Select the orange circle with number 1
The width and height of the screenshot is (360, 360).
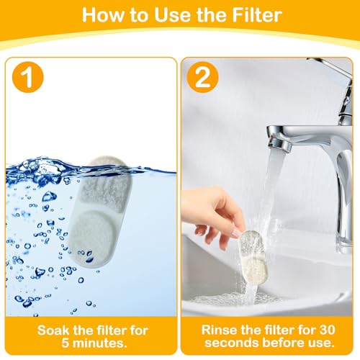pos(28,77)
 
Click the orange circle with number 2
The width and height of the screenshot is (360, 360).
pos(203,77)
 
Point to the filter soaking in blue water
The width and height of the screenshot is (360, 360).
pos(100,211)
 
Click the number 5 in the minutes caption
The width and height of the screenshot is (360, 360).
pos(65,343)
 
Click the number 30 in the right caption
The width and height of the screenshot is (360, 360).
pos(327,330)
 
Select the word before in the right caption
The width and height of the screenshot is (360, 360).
pos(284,343)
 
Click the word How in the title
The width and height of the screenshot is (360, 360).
pos(103,15)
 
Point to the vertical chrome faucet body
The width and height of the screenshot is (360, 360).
pos(343,197)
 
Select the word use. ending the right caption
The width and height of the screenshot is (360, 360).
pos(322,343)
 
